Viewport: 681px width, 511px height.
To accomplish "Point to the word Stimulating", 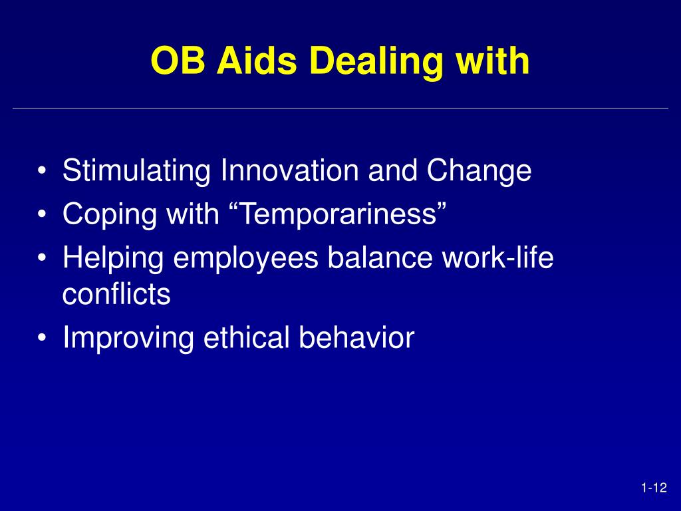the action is point(136,170).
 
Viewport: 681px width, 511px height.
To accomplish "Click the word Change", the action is point(479,170).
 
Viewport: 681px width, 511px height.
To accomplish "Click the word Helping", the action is point(113,257).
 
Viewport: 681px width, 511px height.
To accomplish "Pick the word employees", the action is point(246,257).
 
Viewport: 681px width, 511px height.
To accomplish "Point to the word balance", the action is point(380,257).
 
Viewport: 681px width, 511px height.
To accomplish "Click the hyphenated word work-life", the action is point(497,257).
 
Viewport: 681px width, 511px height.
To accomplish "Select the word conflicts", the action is point(116,293).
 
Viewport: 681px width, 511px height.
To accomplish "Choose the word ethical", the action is point(246,337).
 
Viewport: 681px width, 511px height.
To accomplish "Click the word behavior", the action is point(356,337).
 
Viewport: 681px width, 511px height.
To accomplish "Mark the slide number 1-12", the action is point(654,488).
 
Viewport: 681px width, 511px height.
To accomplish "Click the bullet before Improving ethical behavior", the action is point(42,338).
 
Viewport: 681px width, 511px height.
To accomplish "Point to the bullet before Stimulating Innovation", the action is point(42,171).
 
